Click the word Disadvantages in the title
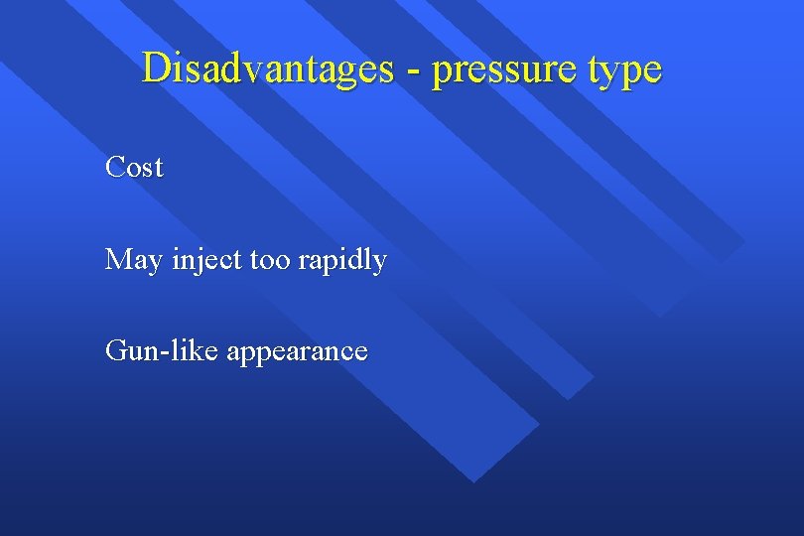(267, 68)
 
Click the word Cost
(134, 167)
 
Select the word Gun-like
(162, 351)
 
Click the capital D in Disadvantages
(156, 68)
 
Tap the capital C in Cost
(115, 167)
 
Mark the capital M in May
(118, 260)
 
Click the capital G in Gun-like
(116, 351)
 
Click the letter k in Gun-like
(200, 350)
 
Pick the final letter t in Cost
(158, 168)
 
